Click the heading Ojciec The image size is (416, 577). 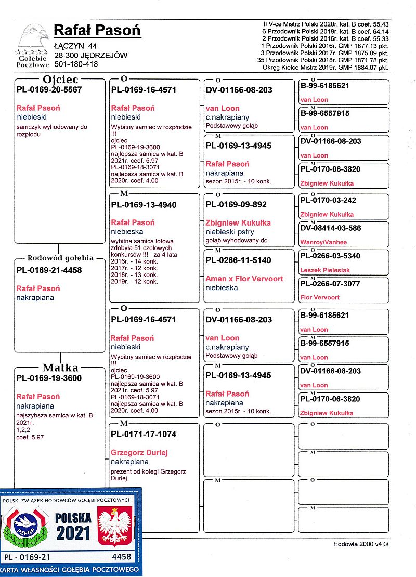pos(61,80)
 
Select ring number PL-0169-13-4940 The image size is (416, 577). pos(144,205)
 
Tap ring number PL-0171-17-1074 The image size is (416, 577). pos(144,435)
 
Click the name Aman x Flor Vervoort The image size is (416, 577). pos(244,279)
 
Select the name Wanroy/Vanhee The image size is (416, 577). pos(323,242)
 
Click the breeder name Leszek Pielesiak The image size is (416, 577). pos(326,270)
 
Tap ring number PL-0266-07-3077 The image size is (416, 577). pos(330,284)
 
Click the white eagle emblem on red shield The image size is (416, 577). pos(115,527)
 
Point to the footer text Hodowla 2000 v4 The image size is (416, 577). pos(361,544)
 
